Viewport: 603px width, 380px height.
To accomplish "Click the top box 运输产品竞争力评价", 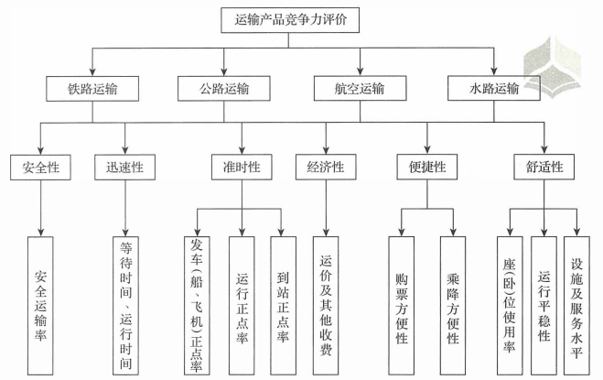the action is (x=290, y=20).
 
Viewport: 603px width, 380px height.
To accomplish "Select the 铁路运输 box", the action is (x=92, y=89).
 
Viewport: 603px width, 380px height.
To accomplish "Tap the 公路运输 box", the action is (x=224, y=89).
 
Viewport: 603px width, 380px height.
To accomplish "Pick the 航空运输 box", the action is (x=360, y=89).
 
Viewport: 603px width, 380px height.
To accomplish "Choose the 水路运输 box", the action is (x=494, y=89).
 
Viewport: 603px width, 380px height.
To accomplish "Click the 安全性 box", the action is (x=40, y=168).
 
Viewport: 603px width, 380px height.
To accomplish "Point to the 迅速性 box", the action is (x=125, y=168).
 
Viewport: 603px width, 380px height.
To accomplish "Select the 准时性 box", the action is (x=242, y=167).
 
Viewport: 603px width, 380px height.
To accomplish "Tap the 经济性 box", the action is (x=326, y=167).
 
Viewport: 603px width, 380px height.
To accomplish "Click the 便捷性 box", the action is (x=427, y=167).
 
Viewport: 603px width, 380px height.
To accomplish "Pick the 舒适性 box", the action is (x=544, y=167).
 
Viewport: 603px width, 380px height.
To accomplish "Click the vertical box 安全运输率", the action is (x=40, y=306).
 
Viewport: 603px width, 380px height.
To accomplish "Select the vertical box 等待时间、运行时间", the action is (x=125, y=306).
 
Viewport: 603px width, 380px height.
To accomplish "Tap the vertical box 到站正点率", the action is (x=283, y=306).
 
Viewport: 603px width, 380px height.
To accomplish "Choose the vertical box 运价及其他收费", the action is (x=326, y=306).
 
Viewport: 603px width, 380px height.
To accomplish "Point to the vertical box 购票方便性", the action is (x=402, y=306).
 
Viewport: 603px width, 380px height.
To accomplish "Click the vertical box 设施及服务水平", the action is (x=576, y=306).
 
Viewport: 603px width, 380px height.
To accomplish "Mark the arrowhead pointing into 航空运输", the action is (x=360, y=71).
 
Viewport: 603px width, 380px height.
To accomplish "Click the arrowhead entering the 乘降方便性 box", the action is (x=453, y=232).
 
